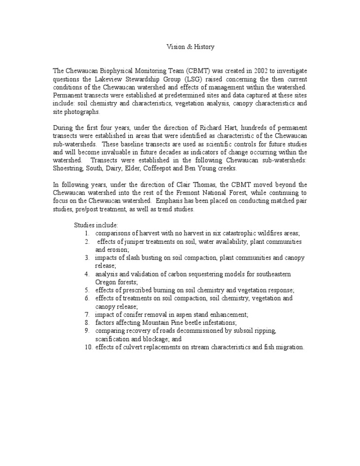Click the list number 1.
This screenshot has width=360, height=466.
point(87,233)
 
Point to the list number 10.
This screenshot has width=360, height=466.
point(88,347)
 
